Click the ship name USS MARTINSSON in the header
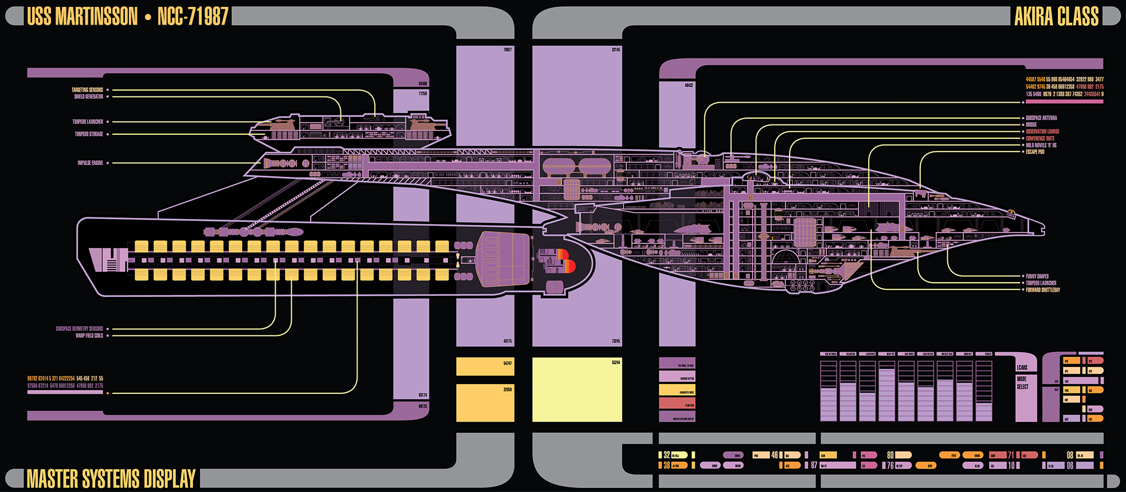pos(83,17)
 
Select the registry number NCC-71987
pos(193,17)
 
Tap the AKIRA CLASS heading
pos(1056,17)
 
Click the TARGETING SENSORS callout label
pos(87,90)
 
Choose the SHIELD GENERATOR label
pos(88,97)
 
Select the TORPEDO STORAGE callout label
pos(89,134)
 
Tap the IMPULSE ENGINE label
pos(90,163)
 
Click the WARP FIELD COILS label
pos(89,335)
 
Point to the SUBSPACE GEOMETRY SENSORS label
pos(79,329)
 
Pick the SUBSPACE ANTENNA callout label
pos(1041,118)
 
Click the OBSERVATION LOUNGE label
pos(1042,131)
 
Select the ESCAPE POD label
pos(1035,152)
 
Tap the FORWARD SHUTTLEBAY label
pos(1043,290)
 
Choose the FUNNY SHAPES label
pos(1037,276)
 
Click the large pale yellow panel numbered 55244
pos(577,390)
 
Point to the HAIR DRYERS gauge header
pos(928,354)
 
